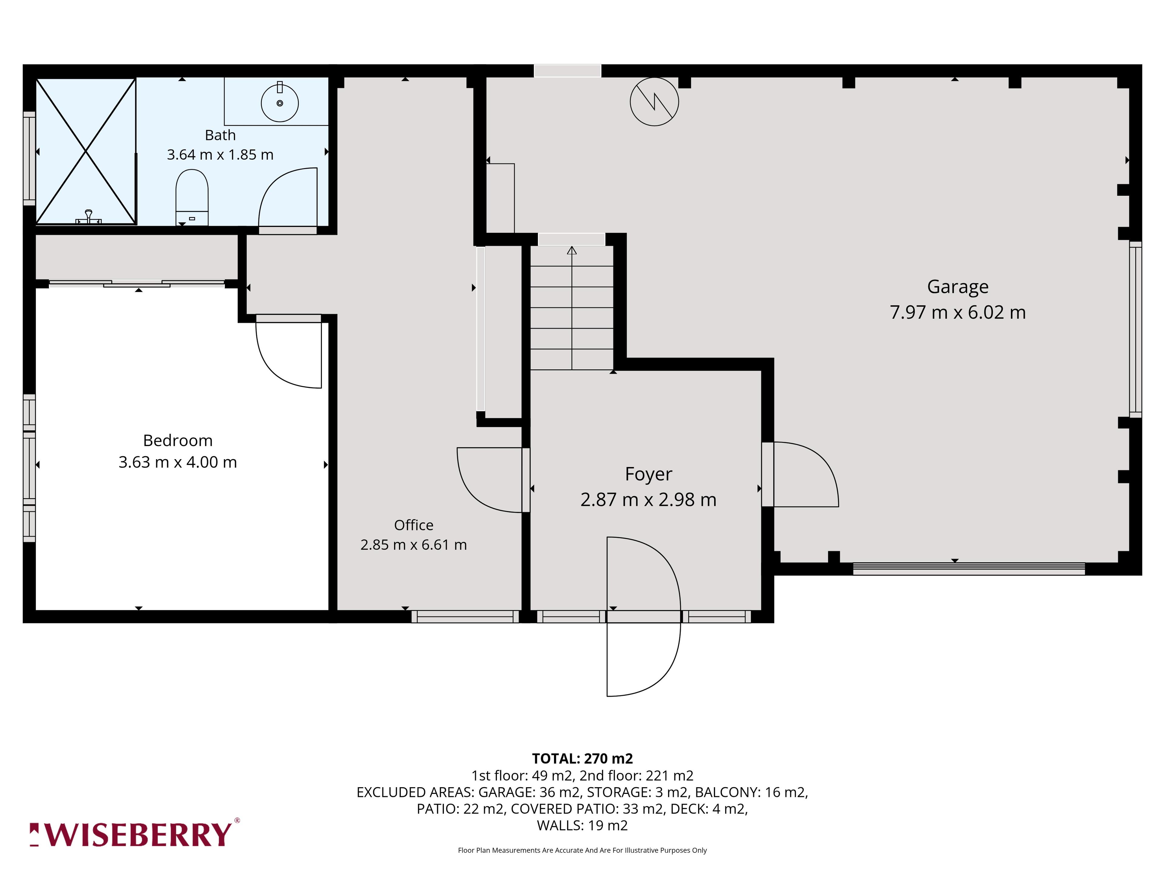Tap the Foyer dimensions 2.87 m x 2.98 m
click(648, 500)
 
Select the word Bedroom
click(178, 440)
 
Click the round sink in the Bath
click(280, 103)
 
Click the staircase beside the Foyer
click(572, 308)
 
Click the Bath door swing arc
click(279, 182)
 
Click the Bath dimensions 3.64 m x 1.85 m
click(220, 155)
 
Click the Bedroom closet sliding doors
click(137, 283)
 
